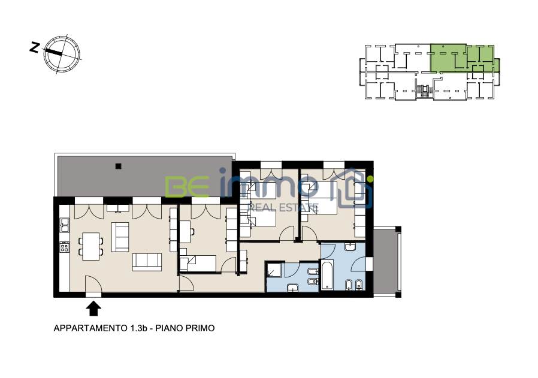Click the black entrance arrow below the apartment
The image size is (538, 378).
93,309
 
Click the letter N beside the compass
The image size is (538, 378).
34,47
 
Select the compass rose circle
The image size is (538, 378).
62,54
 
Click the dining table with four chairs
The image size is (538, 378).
91,246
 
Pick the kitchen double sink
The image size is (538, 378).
64,225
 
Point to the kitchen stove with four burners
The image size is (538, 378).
64,247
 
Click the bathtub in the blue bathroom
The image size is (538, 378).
327,274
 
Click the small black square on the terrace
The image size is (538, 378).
119,167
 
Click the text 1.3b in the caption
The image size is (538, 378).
138,328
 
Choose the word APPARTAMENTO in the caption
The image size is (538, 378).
90,328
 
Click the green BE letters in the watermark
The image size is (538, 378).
187,186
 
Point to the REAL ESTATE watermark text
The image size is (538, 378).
283,207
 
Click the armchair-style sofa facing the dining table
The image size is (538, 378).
120,237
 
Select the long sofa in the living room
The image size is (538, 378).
147,262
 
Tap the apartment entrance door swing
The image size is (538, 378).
93,283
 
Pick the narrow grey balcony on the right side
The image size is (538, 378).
386,261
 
